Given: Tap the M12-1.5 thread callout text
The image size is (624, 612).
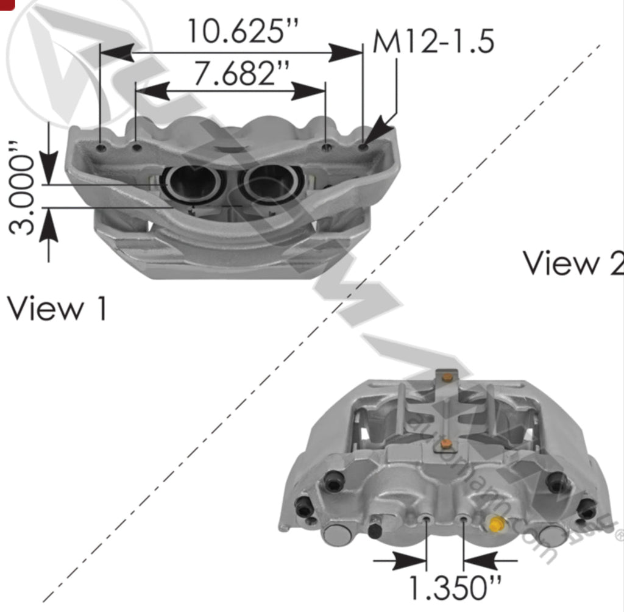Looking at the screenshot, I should (433, 42).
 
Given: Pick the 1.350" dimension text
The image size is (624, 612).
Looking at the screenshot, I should (454, 588).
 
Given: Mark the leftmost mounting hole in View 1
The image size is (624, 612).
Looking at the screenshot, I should (101, 148).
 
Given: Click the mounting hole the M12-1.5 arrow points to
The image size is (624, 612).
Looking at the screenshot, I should (363, 147).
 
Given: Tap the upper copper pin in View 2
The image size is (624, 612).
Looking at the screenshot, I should (448, 378).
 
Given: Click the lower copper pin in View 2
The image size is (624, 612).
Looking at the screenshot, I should (447, 443).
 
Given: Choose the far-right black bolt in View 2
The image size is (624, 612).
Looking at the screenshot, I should (587, 507).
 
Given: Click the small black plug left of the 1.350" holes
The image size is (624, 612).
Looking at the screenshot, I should (375, 530).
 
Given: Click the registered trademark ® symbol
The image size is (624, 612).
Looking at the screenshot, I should (619, 535).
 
